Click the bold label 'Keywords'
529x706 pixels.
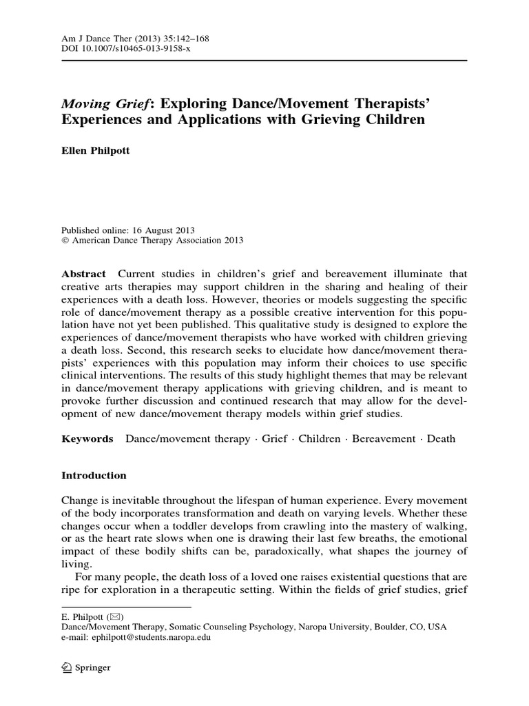pyautogui.click(x=87, y=438)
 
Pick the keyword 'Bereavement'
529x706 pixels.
pyautogui.click(x=384, y=438)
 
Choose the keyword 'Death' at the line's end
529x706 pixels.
pyautogui.click(x=441, y=438)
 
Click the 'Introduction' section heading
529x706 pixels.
pyautogui.click(x=94, y=475)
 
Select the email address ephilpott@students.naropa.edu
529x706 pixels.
pyautogui.click(x=136, y=638)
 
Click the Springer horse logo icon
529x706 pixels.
pyautogui.click(x=68, y=667)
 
